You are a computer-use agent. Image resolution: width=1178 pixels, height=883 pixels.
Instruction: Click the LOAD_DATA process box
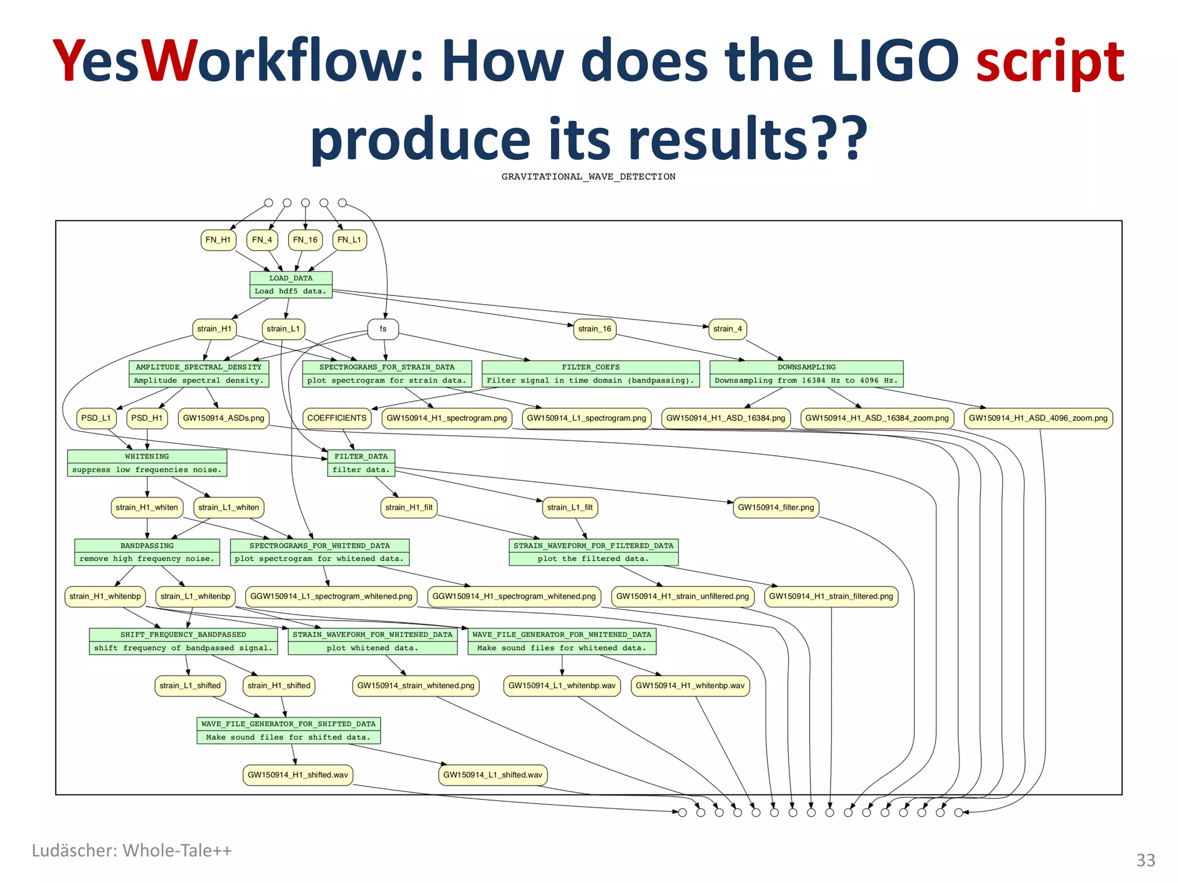[x=290, y=285]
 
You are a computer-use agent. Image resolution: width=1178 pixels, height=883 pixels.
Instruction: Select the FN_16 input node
[x=305, y=240]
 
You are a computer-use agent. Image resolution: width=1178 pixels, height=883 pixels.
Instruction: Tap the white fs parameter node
[x=383, y=329]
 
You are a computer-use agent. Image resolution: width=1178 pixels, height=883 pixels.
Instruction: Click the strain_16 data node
[x=595, y=329]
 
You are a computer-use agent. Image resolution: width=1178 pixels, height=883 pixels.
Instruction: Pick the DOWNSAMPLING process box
[x=806, y=374]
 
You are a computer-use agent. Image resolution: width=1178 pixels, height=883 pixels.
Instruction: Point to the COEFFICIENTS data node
[x=336, y=418]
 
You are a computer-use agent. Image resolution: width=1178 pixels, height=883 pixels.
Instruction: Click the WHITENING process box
[x=147, y=463]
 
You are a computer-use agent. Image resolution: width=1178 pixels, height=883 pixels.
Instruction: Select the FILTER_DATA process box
[x=361, y=463]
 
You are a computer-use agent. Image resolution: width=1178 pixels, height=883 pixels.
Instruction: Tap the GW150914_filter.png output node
[x=776, y=507]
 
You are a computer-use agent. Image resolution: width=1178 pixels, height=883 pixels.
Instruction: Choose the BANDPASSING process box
[x=147, y=552]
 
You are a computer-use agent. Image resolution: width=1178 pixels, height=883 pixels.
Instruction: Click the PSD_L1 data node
[x=96, y=418]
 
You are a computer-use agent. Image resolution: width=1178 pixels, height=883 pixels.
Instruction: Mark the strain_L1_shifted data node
[x=190, y=685]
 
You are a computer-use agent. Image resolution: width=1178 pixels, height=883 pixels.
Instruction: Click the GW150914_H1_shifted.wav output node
[x=297, y=774]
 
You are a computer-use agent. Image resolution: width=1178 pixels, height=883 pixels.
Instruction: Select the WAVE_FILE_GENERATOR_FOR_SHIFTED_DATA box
[x=288, y=730]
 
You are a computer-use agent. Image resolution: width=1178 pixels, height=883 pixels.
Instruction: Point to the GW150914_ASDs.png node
[x=223, y=418]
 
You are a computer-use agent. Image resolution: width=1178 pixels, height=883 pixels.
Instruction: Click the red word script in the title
[x=1050, y=60]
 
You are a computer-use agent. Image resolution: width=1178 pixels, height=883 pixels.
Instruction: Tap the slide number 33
[x=1145, y=860]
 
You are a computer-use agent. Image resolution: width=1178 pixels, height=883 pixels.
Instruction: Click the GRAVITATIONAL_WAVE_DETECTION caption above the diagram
[x=588, y=176]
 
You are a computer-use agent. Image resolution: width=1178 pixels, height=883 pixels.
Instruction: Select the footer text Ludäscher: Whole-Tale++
[x=132, y=850]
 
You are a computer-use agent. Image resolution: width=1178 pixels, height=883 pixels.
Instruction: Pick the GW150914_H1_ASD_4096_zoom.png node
[x=1038, y=418]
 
